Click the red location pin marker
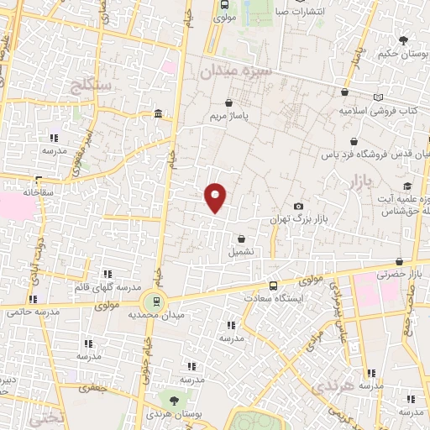(216, 197)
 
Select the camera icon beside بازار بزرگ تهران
(298, 207)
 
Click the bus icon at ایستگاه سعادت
(272, 286)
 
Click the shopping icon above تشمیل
(242, 239)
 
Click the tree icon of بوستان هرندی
(173, 401)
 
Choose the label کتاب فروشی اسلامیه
(375, 110)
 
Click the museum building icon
(158, 114)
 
